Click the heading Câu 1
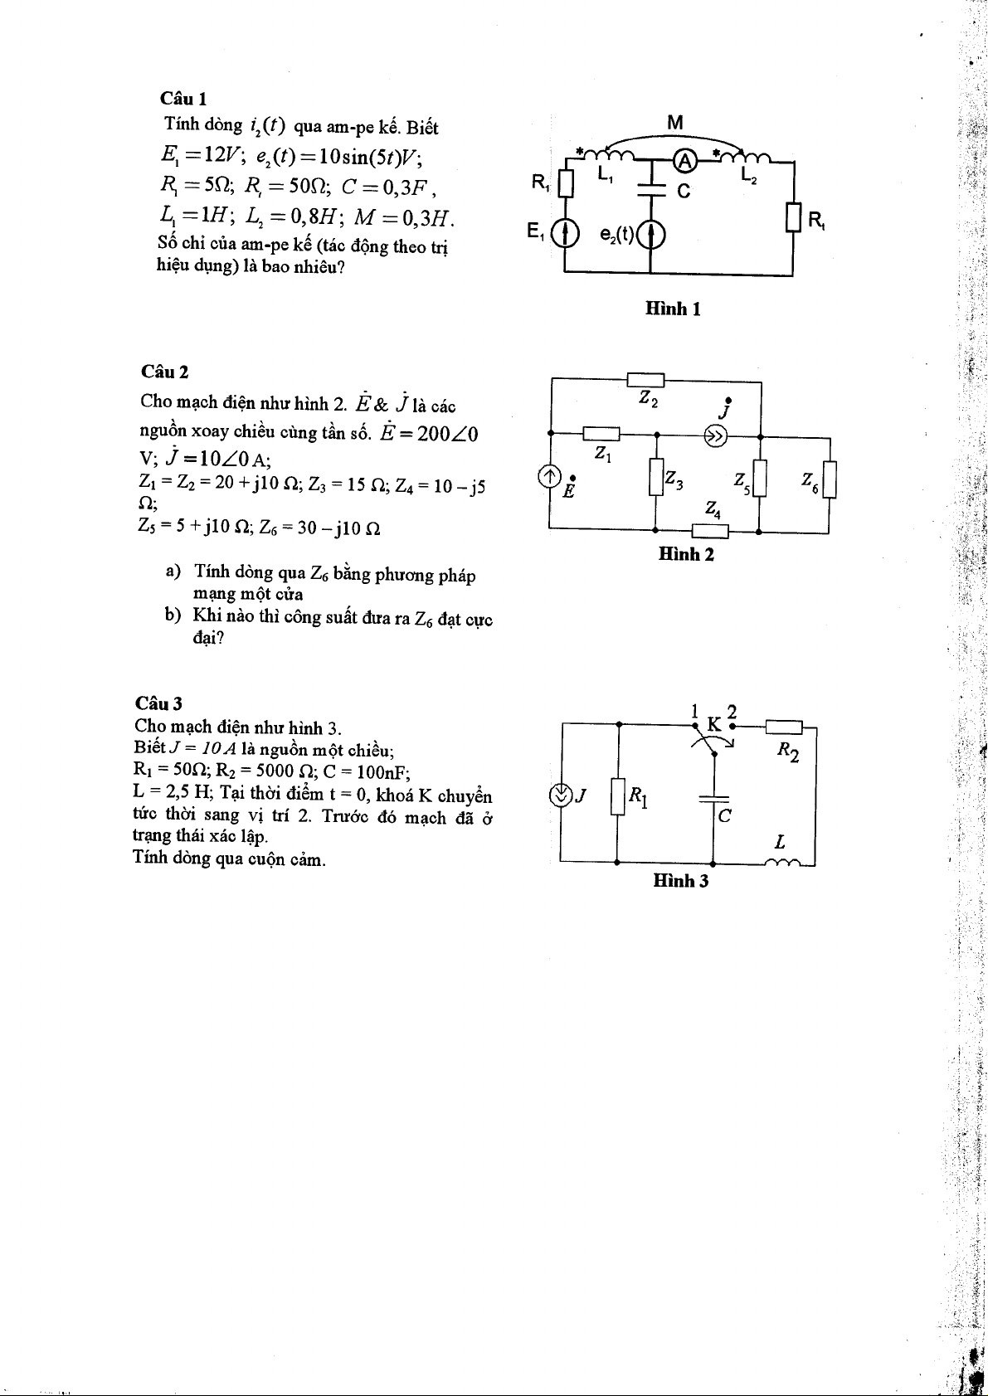183,99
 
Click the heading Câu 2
164,372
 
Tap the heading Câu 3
158,703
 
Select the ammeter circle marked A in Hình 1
684,159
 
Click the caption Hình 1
674,309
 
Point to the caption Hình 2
685,554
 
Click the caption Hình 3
680,881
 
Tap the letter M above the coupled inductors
675,123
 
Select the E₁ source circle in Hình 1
565,236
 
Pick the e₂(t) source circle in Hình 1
651,236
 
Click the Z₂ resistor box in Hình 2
645,380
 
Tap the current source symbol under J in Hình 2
716,435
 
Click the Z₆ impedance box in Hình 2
830,480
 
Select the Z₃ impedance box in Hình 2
656,479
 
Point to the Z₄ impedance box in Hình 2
711,531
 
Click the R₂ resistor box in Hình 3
784,727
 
